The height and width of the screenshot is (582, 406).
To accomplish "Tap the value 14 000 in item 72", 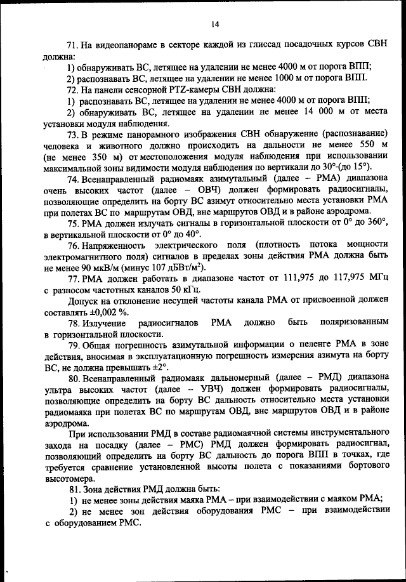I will coord(294,112).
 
